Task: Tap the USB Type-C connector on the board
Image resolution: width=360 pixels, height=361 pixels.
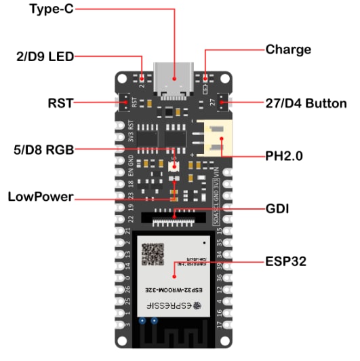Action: pyautogui.click(x=174, y=75)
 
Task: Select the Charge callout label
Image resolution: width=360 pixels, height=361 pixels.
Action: pyautogui.click(x=288, y=50)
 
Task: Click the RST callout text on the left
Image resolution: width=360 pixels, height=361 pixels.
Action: pyautogui.click(x=59, y=103)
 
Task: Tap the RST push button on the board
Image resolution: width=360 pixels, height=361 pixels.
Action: pyautogui.click(x=128, y=102)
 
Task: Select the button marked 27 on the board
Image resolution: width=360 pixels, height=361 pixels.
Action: pyautogui.click(x=220, y=102)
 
